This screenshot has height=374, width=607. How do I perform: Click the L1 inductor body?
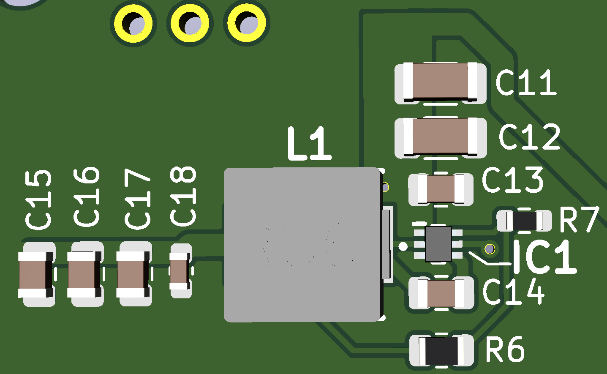point(302,245)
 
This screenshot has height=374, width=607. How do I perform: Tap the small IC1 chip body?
point(438,244)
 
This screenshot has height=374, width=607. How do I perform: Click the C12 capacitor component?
point(440,136)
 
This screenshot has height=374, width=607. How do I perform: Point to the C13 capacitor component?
point(441,189)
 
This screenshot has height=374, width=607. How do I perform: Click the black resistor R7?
point(524,220)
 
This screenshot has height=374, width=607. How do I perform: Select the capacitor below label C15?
point(36,274)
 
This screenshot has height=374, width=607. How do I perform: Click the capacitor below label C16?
point(84,274)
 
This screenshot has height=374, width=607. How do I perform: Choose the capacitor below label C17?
point(133,274)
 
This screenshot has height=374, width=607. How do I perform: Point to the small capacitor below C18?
point(180,271)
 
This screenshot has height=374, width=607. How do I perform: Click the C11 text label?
point(526,82)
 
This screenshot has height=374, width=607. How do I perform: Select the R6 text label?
point(505,349)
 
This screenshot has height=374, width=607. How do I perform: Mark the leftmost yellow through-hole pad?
point(133,24)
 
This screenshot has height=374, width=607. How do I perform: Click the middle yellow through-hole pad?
point(190,24)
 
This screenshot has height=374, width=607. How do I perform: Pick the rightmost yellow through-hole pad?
point(246,23)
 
